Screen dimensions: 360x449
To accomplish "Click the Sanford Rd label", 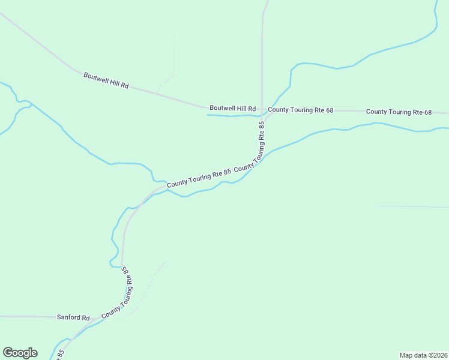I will [x=73, y=317].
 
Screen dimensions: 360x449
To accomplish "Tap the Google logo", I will [x=20, y=353].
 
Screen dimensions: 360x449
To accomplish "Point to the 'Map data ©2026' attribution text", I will [x=424, y=355].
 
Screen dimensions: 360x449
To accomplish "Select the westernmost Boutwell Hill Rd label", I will [x=106, y=80].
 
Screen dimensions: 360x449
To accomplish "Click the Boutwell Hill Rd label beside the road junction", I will [x=232, y=109].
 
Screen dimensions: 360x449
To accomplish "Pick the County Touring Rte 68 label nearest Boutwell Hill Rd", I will [x=300, y=110].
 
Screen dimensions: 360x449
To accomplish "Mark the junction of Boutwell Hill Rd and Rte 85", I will [x=262, y=110].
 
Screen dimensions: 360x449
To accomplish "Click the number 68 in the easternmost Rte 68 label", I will [x=427, y=112].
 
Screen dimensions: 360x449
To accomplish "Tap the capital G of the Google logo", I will [x=8, y=352].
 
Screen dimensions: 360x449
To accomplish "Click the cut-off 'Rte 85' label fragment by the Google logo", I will [x=61, y=355].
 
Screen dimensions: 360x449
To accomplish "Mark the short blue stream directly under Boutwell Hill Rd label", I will [x=231, y=116].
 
